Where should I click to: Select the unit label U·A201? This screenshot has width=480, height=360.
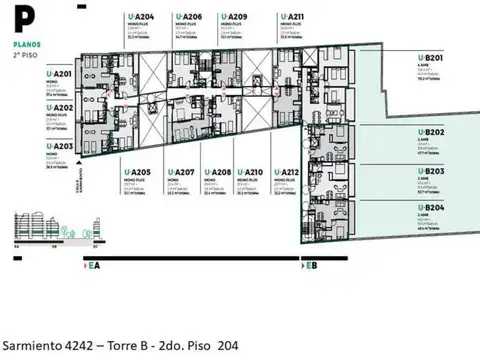coord(60,74)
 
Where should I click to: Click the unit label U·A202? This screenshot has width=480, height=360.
coord(60,108)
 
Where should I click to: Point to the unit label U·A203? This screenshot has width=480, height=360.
coord(60,145)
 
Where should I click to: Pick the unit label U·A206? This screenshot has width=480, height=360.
coord(193,17)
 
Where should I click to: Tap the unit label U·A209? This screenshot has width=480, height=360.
coord(238,17)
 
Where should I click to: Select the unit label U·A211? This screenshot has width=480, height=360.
coord(294,17)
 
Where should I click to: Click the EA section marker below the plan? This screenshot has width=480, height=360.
coord(93,267)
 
